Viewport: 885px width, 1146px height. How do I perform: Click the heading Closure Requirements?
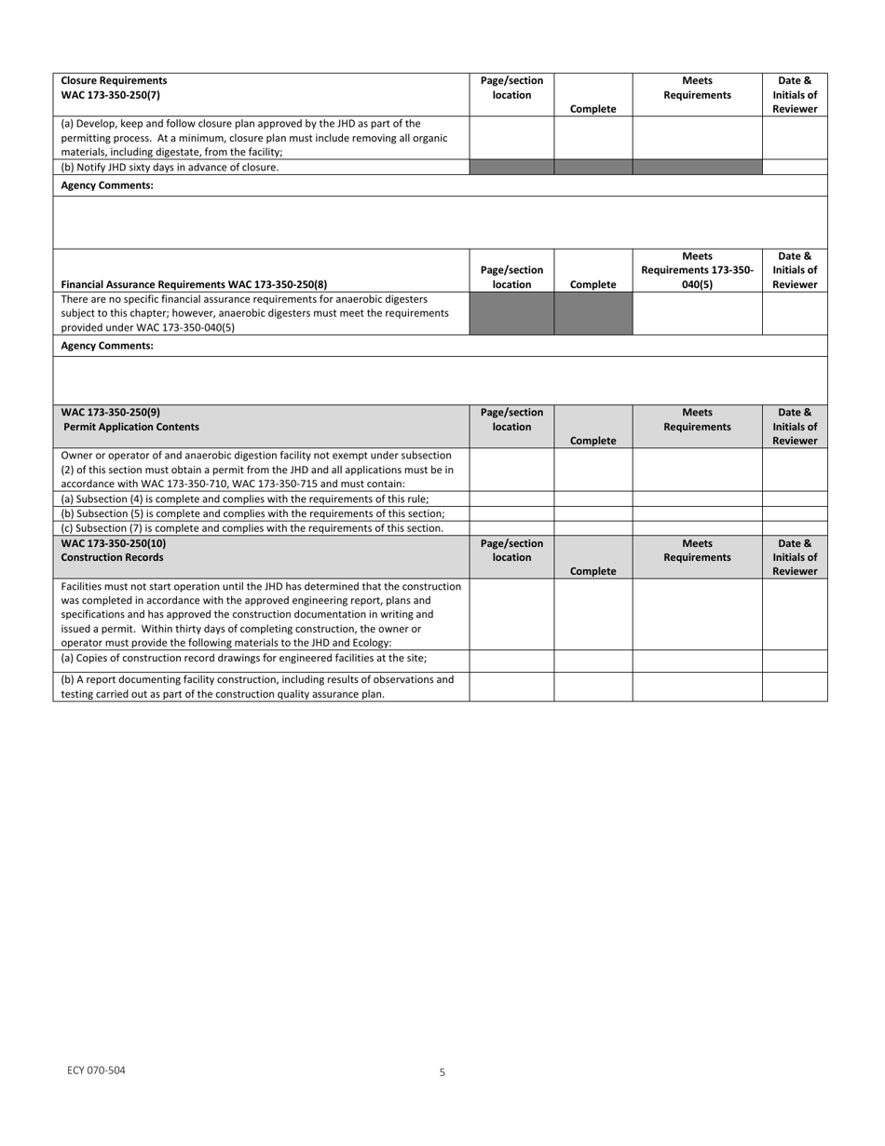click(x=115, y=81)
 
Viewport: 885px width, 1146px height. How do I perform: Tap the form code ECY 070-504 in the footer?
click(x=96, y=1071)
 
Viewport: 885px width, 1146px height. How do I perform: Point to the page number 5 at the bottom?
click(x=442, y=1072)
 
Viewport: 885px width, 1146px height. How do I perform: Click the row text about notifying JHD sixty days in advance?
click(x=170, y=168)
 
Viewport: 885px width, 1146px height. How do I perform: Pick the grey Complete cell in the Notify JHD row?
click(x=592, y=168)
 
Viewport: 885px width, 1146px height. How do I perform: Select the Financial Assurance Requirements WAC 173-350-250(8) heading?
click(x=194, y=285)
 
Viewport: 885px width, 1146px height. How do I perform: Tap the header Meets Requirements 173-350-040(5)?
click(x=697, y=270)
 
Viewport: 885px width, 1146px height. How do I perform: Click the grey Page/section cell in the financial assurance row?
click(x=511, y=314)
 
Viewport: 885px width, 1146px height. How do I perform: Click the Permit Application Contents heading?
click(x=131, y=427)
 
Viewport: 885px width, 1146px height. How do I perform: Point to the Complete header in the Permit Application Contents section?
click(x=592, y=441)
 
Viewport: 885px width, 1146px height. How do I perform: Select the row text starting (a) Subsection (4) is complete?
click(x=245, y=499)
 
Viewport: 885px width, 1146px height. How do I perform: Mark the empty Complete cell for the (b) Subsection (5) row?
click(x=592, y=513)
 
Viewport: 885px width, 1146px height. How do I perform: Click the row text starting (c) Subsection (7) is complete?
click(x=252, y=528)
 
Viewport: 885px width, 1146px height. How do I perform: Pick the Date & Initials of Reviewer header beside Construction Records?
click(x=794, y=557)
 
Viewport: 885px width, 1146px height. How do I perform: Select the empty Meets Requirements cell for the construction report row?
click(x=697, y=687)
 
